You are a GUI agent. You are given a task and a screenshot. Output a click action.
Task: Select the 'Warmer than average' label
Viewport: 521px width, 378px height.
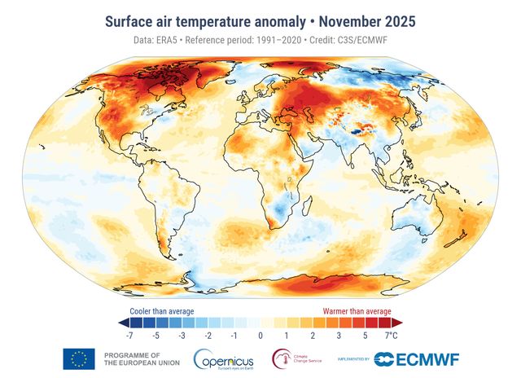(357, 310)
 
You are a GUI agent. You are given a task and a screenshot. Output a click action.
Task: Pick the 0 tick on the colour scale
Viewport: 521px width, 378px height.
(260, 335)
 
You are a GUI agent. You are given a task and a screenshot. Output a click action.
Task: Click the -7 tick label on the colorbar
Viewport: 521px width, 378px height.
(129, 335)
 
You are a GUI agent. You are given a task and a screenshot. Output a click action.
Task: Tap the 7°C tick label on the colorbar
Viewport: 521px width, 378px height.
(391, 335)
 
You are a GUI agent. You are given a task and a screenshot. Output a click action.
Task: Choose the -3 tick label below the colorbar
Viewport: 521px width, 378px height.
(182, 335)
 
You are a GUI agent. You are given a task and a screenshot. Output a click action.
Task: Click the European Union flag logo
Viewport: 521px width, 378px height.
(79, 358)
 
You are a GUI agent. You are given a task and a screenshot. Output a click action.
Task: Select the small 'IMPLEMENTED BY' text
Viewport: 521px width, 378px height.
(352, 358)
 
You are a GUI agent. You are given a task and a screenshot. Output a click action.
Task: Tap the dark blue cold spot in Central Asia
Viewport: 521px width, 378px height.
(359, 127)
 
